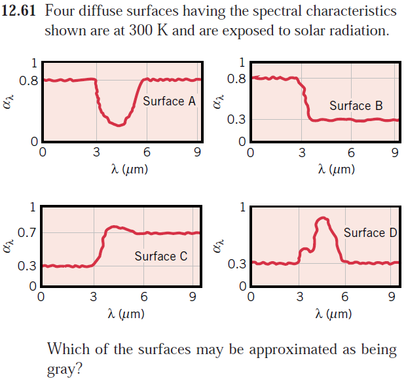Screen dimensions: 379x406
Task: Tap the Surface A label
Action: [x=170, y=101]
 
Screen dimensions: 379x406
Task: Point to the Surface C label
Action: [x=160, y=256]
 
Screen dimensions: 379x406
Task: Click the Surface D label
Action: [x=369, y=232]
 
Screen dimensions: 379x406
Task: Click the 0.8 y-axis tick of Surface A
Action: [x=28, y=81]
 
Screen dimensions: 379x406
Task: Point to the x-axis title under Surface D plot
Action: [x=335, y=314]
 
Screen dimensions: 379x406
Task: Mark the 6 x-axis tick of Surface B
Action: [x=352, y=154]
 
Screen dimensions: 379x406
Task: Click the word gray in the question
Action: [x=62, y=369]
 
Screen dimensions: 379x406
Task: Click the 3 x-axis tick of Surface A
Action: [x=96, y=154]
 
